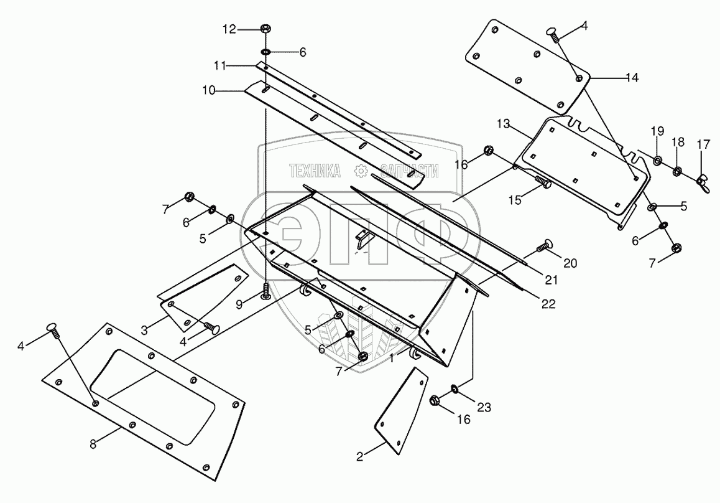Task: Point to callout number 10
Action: pos(208,90)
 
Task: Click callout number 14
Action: pos(632,78)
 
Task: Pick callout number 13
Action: pos(502,125)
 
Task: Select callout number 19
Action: pos(657,131)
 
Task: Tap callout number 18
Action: pos(678,142)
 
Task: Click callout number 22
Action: pos(547,304)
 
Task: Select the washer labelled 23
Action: pos(456,388)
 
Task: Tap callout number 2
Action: pos(360,457)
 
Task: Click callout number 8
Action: pos(93,444)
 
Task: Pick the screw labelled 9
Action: pos(266,291)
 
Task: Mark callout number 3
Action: pos(144,329)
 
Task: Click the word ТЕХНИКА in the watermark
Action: pos(315,171)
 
